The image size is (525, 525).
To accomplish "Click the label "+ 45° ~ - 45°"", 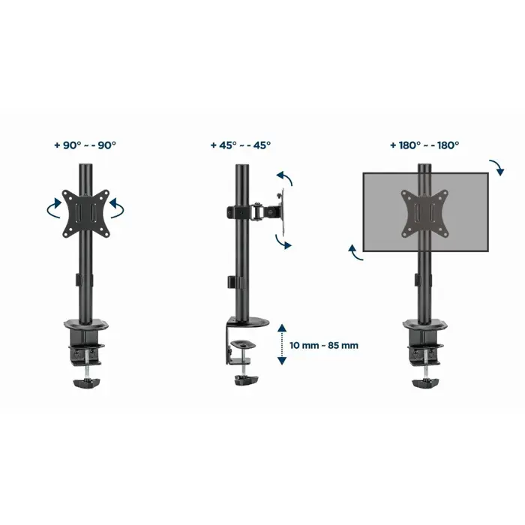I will [x=241, y=145].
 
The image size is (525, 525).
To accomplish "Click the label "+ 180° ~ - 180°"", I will [x=424, y=145].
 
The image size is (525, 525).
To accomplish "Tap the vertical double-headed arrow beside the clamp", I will [x=281, y=344].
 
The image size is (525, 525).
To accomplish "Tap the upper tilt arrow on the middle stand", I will [x=284, y=179].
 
